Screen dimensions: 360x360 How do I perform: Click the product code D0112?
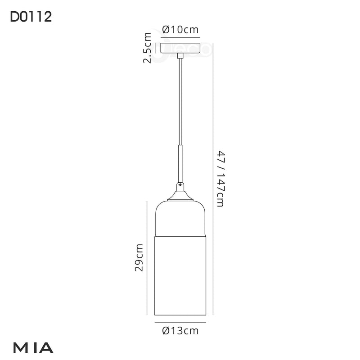point(31,17)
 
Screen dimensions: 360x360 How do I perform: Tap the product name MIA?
point(34,347)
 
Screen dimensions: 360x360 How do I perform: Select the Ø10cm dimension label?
point(180,30)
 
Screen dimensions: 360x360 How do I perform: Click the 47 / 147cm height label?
point(220,179)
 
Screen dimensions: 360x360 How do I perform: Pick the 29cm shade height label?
point(139,258)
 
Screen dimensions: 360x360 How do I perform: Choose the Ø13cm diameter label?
point(180,331)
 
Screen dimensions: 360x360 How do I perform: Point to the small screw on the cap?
point(180,184)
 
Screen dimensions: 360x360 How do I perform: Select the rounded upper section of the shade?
point(180,218)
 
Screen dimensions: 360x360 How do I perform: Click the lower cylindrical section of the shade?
point(180,274)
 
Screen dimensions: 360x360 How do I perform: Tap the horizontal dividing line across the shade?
point(180,235)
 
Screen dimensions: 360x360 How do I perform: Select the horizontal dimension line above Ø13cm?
point(180,323)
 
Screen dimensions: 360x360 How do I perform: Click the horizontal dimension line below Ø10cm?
point(180,38)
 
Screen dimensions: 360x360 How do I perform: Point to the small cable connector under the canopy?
point(180,56)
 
